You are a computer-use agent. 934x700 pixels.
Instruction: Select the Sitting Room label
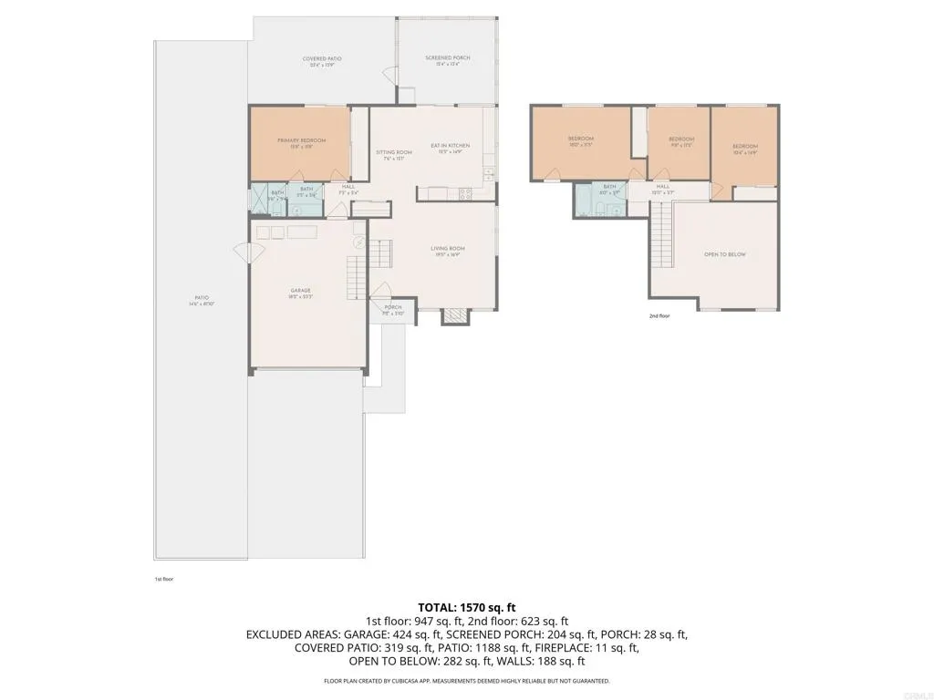pos(394,154)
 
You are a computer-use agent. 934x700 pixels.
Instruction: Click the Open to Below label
pos(724,254)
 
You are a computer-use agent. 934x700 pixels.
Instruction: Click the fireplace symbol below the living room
pos(453,317)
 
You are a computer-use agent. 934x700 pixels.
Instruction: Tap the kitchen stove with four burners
pos(464,193)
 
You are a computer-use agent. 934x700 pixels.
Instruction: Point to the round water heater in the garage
pos(359,242)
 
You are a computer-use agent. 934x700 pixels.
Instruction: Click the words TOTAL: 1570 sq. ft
pos(466,606)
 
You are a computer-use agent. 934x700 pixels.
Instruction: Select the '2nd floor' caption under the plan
pos(659,316)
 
